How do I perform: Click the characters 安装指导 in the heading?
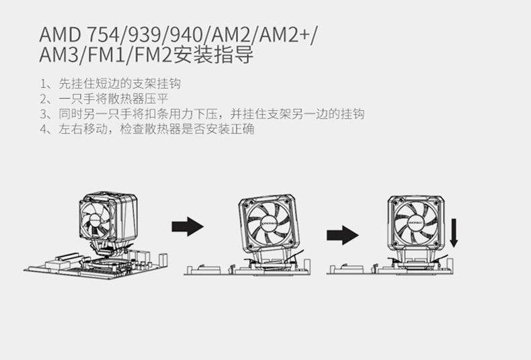pos(213,55)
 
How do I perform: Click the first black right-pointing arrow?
pos(187,226)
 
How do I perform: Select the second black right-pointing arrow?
pos(343,234)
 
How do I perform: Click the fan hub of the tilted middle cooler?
pos(268,224)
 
